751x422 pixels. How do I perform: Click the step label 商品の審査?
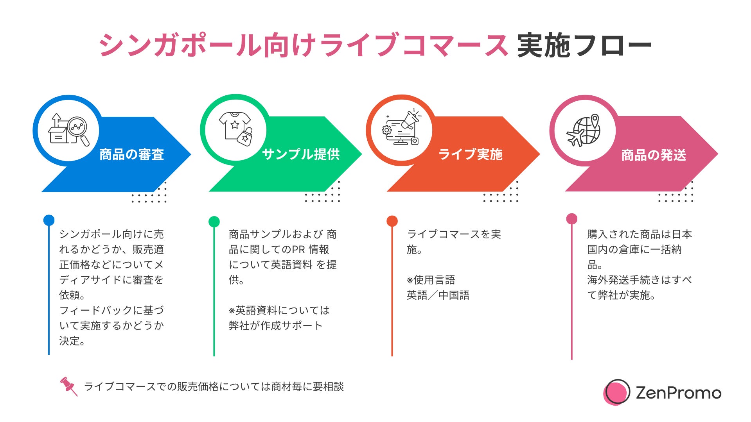coord(131,155)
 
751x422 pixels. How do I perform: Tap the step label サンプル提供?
coord(301,154)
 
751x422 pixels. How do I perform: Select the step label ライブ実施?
coord(470,154)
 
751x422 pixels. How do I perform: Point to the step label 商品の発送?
coord(654,155)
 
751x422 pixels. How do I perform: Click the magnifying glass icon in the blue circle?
coord(78,129)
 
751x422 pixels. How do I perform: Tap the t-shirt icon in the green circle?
coord(234,124)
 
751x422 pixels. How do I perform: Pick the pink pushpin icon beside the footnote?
coord(68,386)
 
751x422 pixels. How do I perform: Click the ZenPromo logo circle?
coord(616,392)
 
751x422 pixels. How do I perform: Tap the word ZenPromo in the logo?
coord(678,393)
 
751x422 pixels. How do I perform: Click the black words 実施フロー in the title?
coord(584,46)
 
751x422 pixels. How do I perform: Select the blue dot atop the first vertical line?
coord(49,220)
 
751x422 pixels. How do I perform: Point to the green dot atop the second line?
coord(214,222)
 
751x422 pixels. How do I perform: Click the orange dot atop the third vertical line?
coord(392,221)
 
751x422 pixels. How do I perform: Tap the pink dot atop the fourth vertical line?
coord(572,219)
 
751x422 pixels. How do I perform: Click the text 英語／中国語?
coord(438,295)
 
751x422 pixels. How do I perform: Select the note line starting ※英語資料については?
coord(279,311)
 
